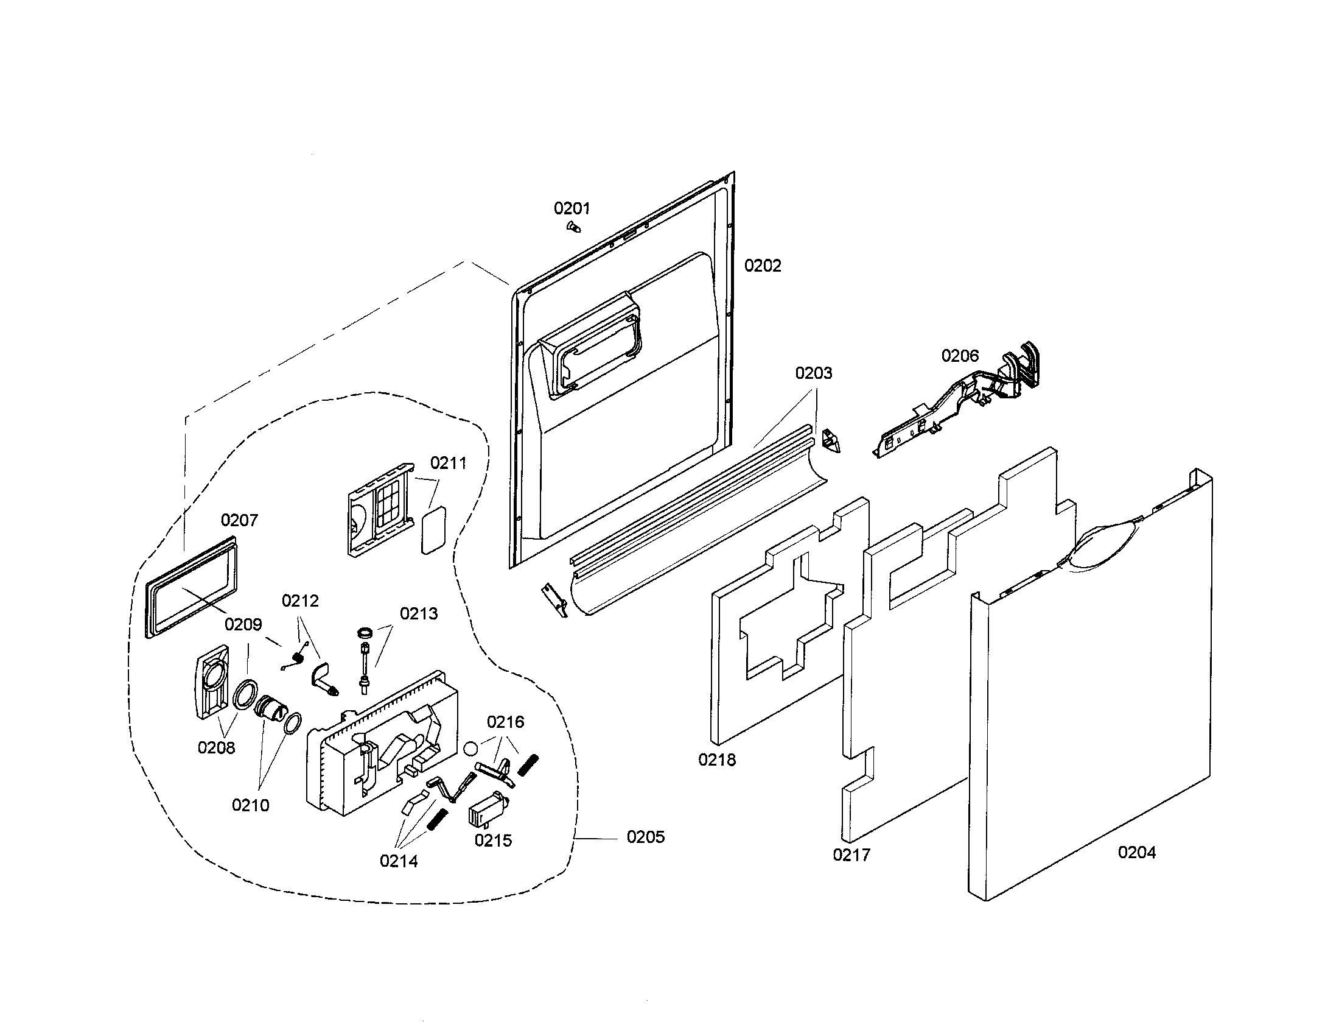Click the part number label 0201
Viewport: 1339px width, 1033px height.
click(572, 208)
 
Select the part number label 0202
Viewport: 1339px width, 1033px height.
click(763, 266)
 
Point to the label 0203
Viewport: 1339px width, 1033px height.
click(814, 373)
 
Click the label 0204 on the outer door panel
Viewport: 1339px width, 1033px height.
click(1137, 852)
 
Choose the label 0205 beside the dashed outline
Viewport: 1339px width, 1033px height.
click(645, 837)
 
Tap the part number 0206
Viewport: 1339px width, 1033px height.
click(960, 356)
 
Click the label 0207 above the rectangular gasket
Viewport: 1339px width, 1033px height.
click(239, 520)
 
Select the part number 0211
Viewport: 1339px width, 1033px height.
click(448, 463)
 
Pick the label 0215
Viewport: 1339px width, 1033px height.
click(493, 841)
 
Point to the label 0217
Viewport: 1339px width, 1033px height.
click(851, 855)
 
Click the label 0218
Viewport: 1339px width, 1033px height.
click(717, 760)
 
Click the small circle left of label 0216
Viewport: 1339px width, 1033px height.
click(471, 748)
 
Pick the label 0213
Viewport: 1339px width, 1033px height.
click(419, 613)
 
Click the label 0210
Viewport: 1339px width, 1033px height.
click(250, 805)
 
